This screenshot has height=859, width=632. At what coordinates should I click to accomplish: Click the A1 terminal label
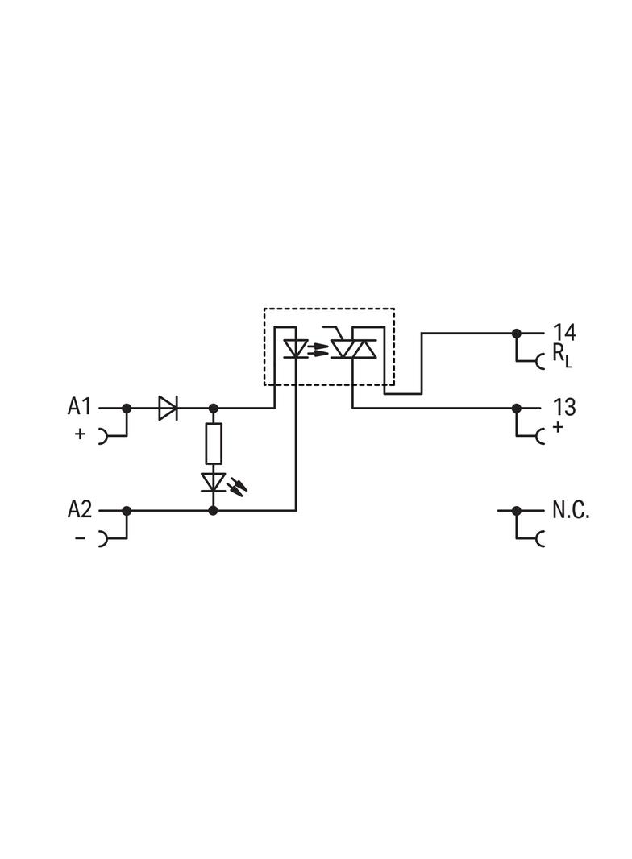click(x=80, y=406)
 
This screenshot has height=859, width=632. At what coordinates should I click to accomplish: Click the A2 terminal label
click(x=80, y=509)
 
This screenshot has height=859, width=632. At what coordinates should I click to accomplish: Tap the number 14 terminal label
click(x=564, y=332)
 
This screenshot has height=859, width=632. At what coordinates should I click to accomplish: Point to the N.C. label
click(x=571, y=509)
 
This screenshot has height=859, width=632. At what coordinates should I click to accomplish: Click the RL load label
click(x=562, y=355)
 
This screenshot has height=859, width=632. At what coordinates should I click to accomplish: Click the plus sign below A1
click(x=80, y=434)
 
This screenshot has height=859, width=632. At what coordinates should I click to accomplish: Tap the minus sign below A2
click(x=80, y=537)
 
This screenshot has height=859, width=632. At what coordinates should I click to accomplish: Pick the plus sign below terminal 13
click(x=558, y=427)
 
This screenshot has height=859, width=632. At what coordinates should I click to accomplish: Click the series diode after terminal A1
click(x=168, y=408)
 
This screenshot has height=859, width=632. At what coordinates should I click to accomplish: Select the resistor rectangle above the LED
click(x=213, y=442)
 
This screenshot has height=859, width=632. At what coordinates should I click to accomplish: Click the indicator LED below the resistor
click(x=214, y=482)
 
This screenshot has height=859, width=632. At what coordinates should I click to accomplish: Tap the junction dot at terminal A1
click(x=127, y=408)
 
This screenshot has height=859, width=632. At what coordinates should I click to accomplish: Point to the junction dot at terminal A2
click(x=127, y=510)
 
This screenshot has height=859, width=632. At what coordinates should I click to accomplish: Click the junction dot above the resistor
click(x=213, y=408)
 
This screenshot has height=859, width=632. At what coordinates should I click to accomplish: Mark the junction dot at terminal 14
click(x=517, y=333)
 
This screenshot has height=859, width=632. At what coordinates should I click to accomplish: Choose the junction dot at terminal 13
click(x=517, y=408)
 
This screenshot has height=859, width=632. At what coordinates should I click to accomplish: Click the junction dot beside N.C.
click(x=517, y=510)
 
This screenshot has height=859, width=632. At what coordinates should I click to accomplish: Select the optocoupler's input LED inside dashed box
click(x=295, y=349)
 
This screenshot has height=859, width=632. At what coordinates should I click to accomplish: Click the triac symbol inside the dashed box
click(x=354, y=348)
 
